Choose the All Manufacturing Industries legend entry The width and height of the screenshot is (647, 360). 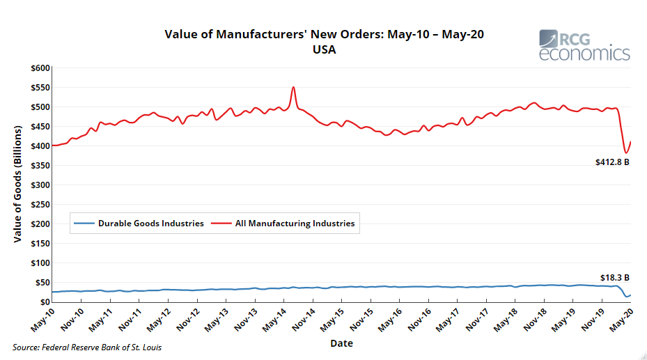point(295,224)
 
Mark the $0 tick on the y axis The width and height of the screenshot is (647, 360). point(45,302)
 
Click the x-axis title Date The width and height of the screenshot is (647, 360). point(341,343)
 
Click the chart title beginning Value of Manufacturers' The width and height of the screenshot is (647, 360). point(323,35)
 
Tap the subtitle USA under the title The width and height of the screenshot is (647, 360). point(324,50)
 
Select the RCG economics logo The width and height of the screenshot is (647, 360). point(584,45)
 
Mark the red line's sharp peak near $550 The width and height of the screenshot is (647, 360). point(293,87)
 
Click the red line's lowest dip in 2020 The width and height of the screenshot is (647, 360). point(625,152)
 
